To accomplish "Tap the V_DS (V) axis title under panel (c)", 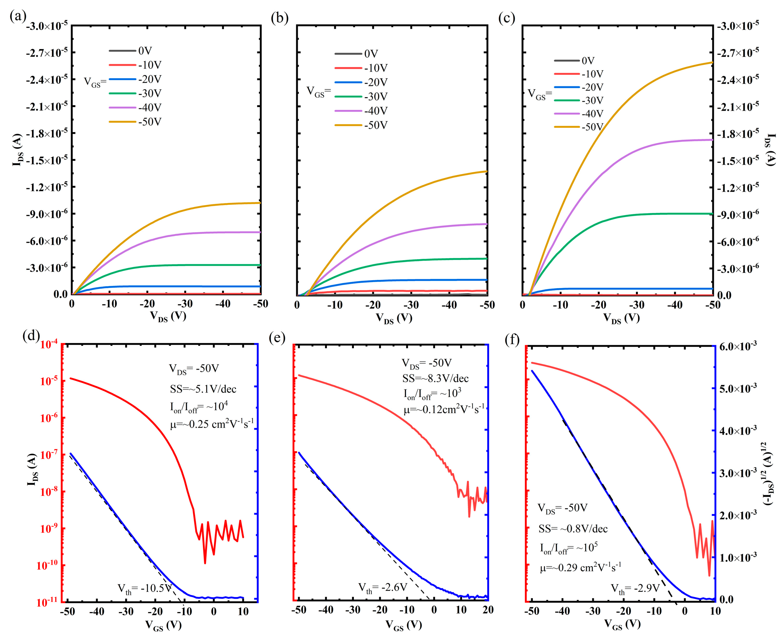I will pyautogui.click(x=621, y=318).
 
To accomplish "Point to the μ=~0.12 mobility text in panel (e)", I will pyautogui.click(x=444, y=409).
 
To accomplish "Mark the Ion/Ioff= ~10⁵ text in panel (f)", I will pyautogui.click(x=569, y=548).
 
